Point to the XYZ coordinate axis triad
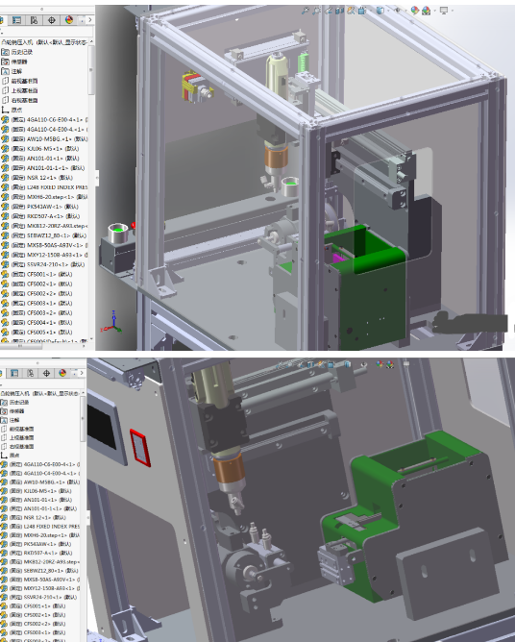pyautogui.click(x=114, y=321)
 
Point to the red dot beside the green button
pyautogui.click(x=134, y=227)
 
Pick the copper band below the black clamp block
pyautogui.click(x=231, y=470)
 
